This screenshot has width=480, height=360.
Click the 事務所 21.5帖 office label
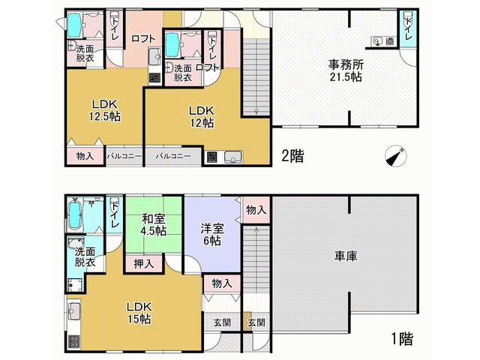(346, 70)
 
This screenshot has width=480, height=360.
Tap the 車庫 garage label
(346, 256)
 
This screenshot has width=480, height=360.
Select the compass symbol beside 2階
(396, 155)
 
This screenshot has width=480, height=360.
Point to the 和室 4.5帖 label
(153, 225)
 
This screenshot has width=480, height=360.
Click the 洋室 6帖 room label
(212, 235)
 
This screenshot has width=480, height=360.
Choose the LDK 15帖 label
(139, 313)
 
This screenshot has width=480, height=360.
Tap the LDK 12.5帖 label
(105, 110)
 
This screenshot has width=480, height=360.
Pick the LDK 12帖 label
(201, 117)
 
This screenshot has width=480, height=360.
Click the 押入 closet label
(143, 264)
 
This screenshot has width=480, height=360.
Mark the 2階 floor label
(292, 156)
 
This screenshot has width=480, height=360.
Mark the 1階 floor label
(402, 338)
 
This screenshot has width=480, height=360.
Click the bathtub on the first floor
(75, 214)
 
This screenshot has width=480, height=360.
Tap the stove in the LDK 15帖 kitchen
(73, 342)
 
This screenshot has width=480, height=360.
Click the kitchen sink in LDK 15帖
(73, 312)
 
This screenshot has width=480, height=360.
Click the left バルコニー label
(124, 156)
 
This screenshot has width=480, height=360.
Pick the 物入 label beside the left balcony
(85, 156)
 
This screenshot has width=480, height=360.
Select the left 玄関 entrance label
(222, 322)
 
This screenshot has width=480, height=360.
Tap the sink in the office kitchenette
(377, 41)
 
